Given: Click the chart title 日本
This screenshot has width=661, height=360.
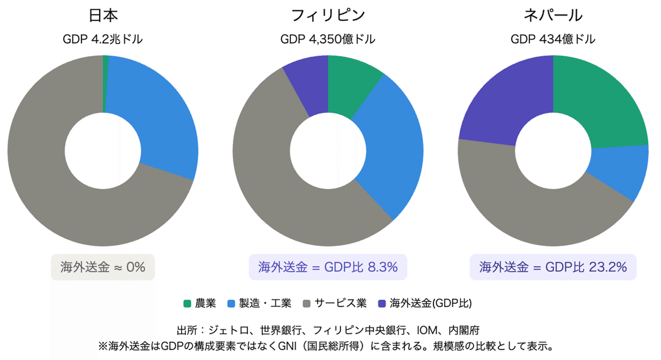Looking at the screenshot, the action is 103,15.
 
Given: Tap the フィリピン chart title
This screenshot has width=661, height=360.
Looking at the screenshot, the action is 328,15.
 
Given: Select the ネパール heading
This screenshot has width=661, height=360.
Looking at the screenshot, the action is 553,15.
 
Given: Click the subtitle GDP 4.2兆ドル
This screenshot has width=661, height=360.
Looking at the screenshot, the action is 103,39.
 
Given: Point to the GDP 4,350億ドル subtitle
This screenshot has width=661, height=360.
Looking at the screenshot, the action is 328,39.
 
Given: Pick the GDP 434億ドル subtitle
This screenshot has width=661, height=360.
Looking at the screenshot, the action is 553,39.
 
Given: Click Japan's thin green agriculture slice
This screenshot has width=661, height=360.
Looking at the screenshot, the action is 106,84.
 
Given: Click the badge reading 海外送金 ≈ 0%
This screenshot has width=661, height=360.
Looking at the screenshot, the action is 103,267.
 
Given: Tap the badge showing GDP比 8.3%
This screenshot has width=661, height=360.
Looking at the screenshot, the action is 328,267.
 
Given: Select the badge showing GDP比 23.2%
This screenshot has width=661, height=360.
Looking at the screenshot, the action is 553,267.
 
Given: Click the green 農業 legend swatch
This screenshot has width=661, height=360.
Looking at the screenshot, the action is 187,304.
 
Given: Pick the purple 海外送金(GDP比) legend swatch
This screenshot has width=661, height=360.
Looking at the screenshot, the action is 382,304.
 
